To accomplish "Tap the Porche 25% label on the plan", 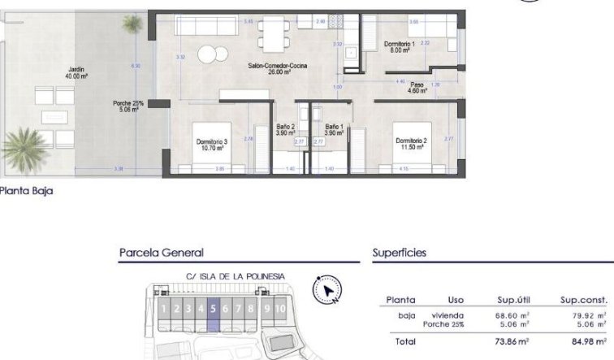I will click(x=128, y=106).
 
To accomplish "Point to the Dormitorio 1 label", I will click(x=400, y=47).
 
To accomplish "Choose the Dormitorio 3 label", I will click(x=211, y=145).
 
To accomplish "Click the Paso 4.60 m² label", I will click(x=417, y=87).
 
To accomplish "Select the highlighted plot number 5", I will click(x=213, y=308).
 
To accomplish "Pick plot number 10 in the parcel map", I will click(x=279, y=308).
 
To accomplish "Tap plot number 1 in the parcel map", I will click(x=164, y=308).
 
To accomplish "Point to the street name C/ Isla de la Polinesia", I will click(x=236, y=276).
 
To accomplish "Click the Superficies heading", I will click(x=399, y=253).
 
